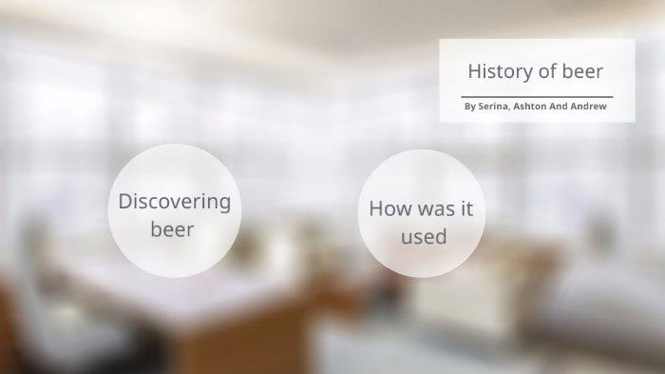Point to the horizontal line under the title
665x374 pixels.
point(537,97)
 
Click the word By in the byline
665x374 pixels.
point(469,107)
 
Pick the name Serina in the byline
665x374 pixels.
point(493,107)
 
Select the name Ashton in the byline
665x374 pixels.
point(530,107)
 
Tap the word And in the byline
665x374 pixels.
point(559,107)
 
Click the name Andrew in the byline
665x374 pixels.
point(589,107)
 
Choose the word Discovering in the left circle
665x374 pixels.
point(174,202)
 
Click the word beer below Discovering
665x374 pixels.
point(172,229)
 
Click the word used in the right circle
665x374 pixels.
point(423,236)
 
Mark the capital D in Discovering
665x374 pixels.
point(124,201)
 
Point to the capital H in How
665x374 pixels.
point(375,208)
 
